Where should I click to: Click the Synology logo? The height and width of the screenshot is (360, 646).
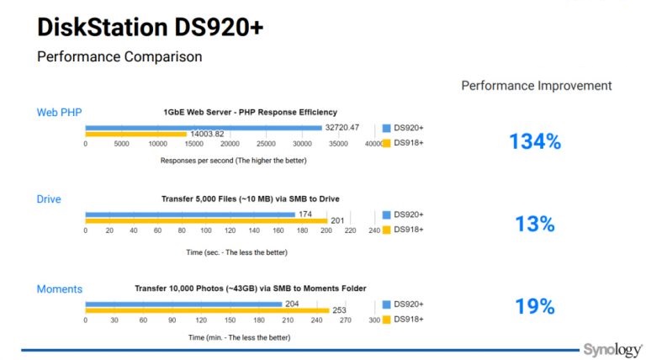point(612,350)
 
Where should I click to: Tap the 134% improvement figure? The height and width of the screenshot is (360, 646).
point(535,141)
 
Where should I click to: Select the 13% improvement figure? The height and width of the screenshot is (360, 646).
point(535,224)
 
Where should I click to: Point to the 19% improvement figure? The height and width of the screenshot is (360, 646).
point(535,306)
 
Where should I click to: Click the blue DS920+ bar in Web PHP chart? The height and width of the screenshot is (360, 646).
point(204,128)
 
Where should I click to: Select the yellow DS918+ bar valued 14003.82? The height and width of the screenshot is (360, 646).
point(136,134)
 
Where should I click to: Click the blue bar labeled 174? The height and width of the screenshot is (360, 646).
point(190,214)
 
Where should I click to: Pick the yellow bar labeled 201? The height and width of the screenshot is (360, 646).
point(206,220)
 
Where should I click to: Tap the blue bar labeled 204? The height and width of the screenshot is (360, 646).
point(183,304)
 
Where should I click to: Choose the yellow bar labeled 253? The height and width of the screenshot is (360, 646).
point(207,310)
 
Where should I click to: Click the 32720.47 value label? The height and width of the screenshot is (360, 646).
point(342,127)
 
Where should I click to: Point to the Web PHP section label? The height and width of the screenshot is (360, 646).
point(60,113)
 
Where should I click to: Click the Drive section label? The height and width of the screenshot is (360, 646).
point(49,199)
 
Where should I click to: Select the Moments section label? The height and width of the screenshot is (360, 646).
point(60,289)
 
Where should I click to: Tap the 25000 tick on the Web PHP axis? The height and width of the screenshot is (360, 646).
point(266,144)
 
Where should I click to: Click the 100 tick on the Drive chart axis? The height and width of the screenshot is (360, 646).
point(206,230)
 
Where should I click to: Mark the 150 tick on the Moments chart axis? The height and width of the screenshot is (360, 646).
point(230,320)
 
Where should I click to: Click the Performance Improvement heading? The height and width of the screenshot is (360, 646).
point(537,86)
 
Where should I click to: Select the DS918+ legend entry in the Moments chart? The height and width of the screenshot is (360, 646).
point(403,320)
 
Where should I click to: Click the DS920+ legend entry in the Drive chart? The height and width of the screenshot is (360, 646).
point(403,214)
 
